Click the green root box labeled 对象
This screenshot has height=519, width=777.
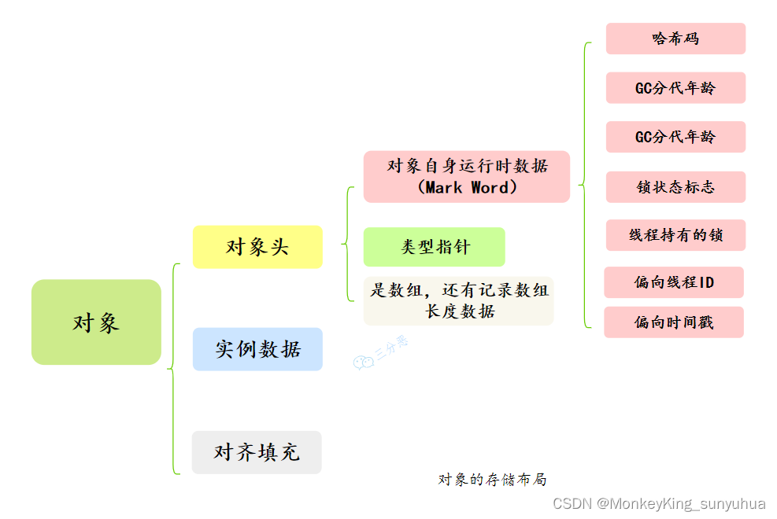point(96,322)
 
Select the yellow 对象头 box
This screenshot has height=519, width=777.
point(257,247)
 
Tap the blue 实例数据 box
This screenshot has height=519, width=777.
point(257,349)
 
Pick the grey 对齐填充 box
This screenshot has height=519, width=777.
point(257,452)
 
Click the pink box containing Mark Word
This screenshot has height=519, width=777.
point(466,177)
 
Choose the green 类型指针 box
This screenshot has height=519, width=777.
point(434,247)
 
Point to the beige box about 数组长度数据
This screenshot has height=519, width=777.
point(458,300)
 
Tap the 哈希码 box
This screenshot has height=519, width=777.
point(675,39)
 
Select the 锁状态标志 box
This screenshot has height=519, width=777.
point(675,187)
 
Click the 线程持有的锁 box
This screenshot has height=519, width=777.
point(675,235)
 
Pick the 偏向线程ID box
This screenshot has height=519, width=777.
point(674,282)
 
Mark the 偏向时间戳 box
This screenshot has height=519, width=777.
point(674,322)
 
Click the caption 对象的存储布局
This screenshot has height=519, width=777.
point(492,479)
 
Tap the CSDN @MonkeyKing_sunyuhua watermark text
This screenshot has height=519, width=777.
point(659,503)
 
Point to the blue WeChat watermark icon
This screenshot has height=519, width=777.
point(363,362)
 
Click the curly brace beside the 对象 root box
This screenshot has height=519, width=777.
point(172,368)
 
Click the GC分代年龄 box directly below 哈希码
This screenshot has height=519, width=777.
point(675,88)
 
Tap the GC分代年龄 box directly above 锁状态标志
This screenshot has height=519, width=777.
point(675,137)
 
